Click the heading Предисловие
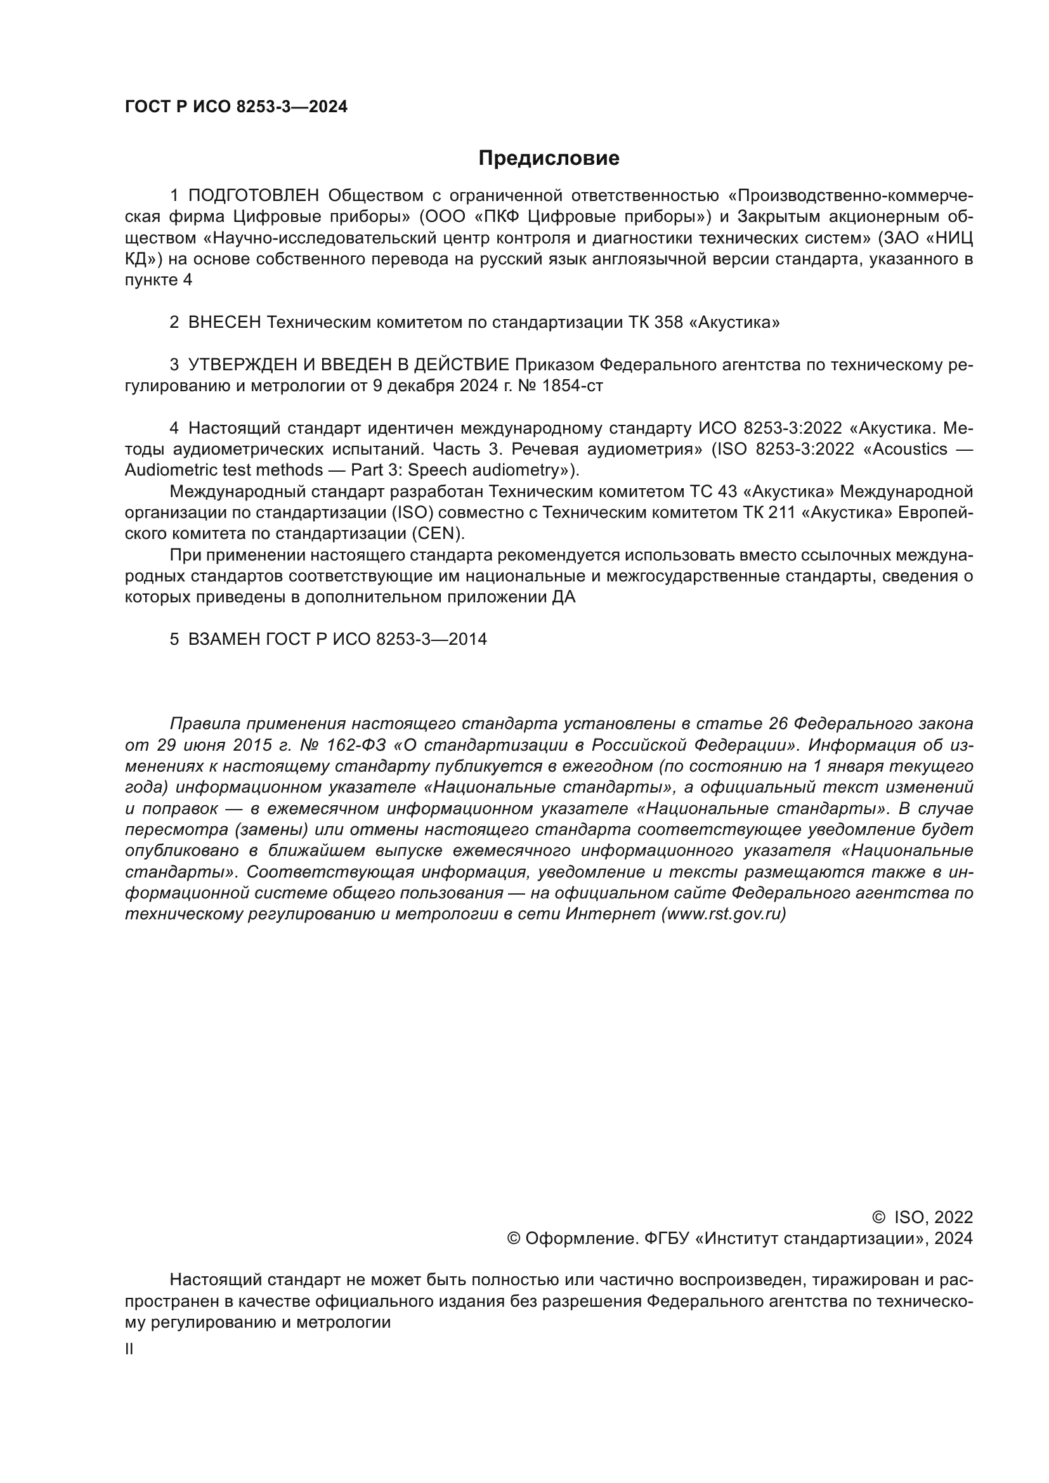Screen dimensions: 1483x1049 [x=549, y=159]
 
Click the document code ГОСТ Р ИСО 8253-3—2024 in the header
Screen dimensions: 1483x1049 [x=236, y=107]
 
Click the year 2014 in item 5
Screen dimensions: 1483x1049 [x=467, y=640]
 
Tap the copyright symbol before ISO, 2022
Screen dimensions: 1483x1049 [x=878, y=1217]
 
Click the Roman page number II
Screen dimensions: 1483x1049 [x=129, y=1349]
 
